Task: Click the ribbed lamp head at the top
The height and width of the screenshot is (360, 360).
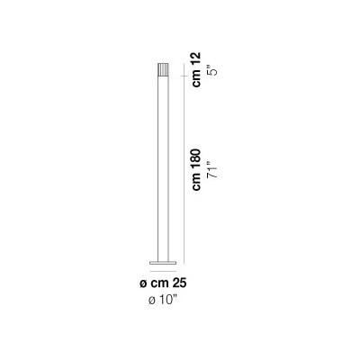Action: (163, 70)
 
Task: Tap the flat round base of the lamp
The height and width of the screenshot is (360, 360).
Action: (163, 263)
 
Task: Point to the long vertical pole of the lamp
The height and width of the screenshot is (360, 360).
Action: (163, 169)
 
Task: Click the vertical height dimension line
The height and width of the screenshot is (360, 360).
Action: (184, 164)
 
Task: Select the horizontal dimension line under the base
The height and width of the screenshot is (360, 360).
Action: (163, 271)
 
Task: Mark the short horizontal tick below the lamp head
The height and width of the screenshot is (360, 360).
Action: (184, 76)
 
